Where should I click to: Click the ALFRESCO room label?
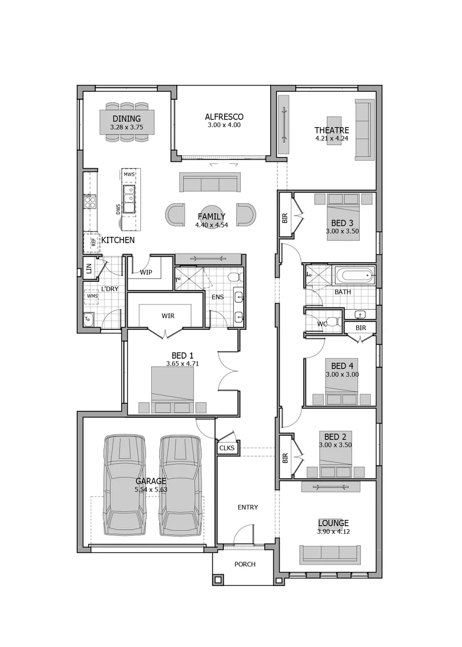(x=224, y=117)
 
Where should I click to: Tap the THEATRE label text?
(x=331, y=131)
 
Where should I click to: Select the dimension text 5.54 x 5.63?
(x=151, y=490)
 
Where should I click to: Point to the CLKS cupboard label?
(x=227, y=448)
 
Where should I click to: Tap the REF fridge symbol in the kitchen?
(x=92, y=243)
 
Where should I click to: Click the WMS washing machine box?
(x=92, y=296)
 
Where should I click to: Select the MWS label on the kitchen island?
(x=129, y=174)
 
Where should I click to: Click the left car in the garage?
(x=125, y=485)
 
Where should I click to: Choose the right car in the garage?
(x=181, y=485)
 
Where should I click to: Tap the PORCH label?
(x=245, y=564)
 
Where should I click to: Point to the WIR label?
(x=168, y=315)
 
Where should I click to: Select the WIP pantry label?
(x=146, y=272)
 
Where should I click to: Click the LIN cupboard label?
(x=89, y=269)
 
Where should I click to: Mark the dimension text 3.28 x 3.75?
(x=126, y=127)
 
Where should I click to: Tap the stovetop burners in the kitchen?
(x=90, y=201)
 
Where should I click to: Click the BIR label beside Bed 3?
(x=285, y=218)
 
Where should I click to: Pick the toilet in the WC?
(x=335, y=321)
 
